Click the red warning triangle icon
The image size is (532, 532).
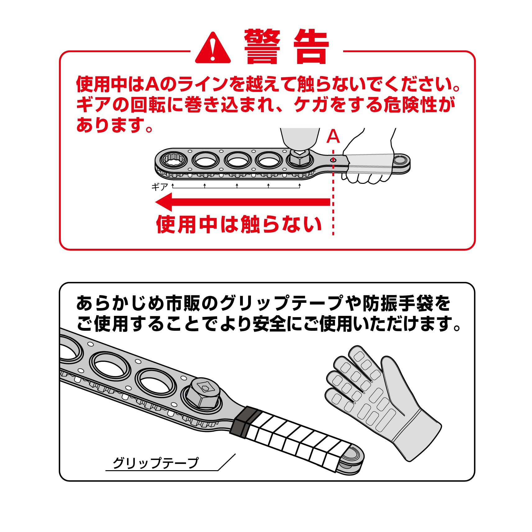pos(213,48)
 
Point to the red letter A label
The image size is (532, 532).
pos(333,136)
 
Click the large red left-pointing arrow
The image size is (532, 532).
pos(243,202)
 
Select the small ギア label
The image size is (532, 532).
pos(160,187)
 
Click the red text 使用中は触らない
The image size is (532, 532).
pos(239,224)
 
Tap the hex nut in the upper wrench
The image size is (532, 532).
pos(300,158)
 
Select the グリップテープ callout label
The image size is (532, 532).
pos(155,463)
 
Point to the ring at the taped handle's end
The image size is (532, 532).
pos(353,458)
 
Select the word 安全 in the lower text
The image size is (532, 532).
pos(269,324)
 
